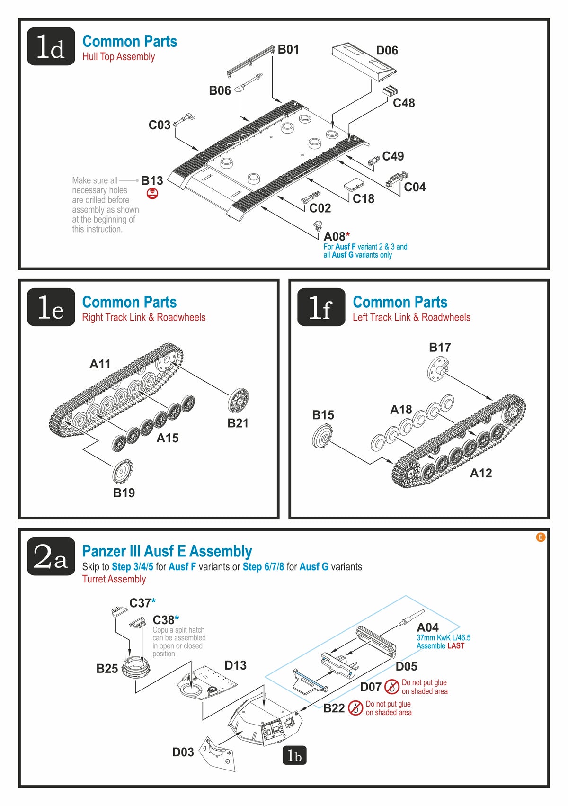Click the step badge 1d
[51, 46]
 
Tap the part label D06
[387, 50]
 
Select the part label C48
[404, 103]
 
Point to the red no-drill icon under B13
[152, 193]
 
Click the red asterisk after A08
[348, 235]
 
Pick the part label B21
[238, 423]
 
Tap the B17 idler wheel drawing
[437, 369]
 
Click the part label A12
[480, 473]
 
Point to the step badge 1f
[321, 307]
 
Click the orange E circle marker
[541, 537]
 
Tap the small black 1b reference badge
[294, 756]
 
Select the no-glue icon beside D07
[392, 686]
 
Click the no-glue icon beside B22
[355, 708]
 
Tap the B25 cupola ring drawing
[136, 668]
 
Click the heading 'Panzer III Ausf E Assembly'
[167, 551]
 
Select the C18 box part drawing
[354, 184]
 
